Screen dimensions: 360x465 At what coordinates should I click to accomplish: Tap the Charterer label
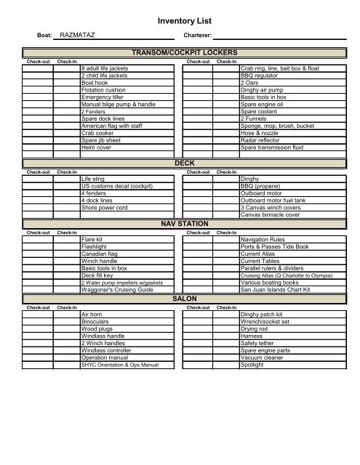click(197, 35)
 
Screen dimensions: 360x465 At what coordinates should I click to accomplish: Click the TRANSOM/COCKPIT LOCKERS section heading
click(180, 54)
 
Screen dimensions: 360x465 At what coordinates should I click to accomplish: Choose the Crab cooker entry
click(97, 132)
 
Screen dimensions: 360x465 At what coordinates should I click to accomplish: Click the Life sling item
click(94, 178)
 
